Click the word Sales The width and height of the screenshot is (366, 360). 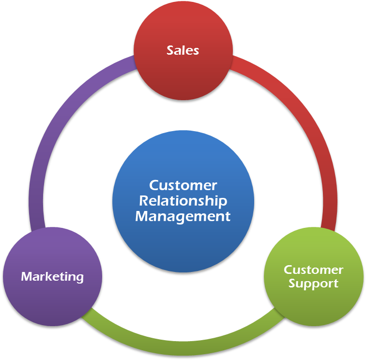coord(183,50)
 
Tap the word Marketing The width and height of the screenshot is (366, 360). coord(52,277)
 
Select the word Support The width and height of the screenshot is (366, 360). coord(313,284)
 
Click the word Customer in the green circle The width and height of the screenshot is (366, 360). coord(313,270)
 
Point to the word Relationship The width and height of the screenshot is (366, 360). coord(183,200)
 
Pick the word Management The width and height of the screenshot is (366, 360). coord(183,216)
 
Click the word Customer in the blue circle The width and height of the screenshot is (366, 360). coord(183,185)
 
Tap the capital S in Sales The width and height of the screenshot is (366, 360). coord(170,50)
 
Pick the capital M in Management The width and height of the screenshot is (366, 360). coord(141,216)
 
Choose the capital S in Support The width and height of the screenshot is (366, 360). coord(292,284)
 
